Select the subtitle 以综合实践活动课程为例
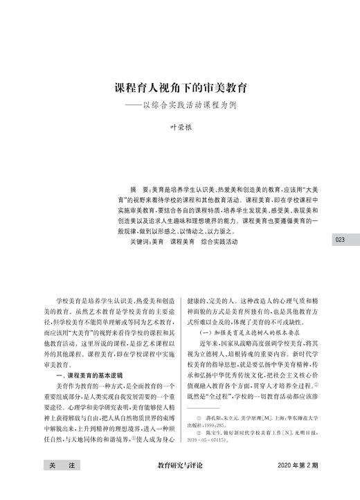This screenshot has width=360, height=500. (196, 105)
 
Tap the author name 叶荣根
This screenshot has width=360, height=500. (181, 129)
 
